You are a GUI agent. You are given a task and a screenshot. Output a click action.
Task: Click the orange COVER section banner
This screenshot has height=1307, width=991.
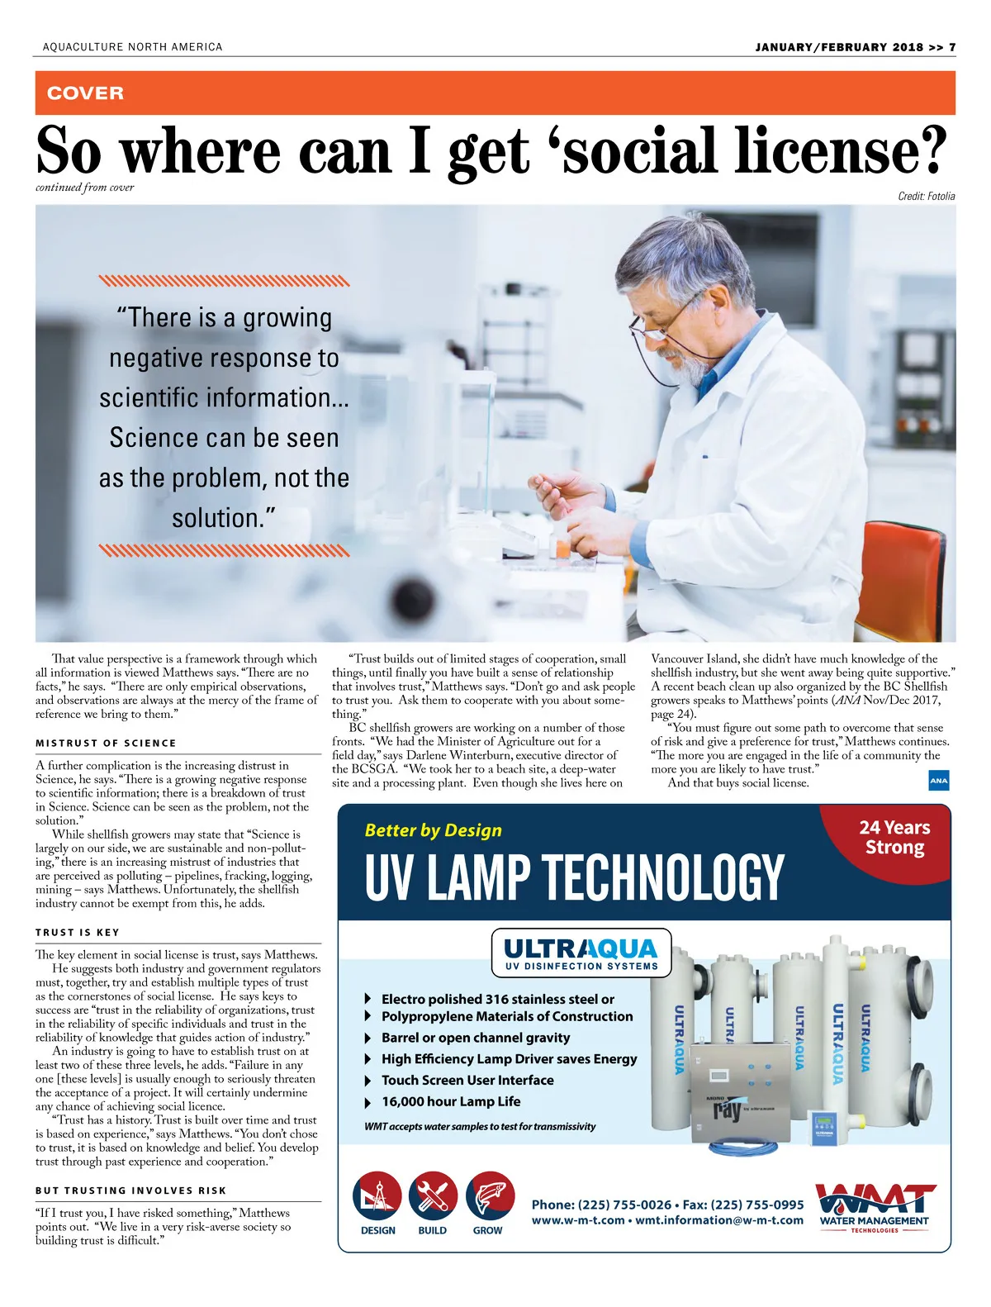coord(495,93)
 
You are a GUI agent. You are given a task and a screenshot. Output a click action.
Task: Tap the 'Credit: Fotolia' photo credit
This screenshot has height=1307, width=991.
coord(926,196)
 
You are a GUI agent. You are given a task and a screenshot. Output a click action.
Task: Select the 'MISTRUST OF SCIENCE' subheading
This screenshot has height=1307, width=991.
coord(106,744)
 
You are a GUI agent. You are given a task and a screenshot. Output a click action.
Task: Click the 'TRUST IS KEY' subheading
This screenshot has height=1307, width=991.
coord(78,933)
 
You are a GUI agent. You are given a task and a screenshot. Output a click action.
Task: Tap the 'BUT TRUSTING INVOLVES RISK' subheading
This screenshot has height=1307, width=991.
coord(130,1191)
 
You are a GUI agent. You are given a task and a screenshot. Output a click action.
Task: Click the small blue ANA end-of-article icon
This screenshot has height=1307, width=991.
coord(939,780)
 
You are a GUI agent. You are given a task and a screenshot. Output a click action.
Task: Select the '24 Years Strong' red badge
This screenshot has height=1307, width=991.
coord(894,839)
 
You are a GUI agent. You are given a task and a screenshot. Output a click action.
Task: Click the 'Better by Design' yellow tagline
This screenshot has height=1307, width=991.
coord(434,830)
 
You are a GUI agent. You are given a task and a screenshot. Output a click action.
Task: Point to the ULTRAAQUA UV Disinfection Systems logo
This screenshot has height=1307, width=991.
coord(581,953)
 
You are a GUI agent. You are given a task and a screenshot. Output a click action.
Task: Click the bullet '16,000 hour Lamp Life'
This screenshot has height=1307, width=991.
coord(451,1101)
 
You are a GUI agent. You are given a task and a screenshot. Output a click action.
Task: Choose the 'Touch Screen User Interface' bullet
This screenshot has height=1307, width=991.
coord(467,1080)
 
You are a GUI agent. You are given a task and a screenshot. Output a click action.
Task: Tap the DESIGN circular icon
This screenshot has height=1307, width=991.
coord(377,1196)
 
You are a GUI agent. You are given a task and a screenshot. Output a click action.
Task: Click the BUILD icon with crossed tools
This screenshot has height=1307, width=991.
coord(433,1196)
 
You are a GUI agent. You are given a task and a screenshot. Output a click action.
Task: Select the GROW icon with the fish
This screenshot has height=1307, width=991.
coord(490,1196)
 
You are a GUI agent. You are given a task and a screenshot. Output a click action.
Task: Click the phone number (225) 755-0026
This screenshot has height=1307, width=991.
coord(624,1205)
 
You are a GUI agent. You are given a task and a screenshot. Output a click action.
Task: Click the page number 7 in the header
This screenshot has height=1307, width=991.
coord(952,47)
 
